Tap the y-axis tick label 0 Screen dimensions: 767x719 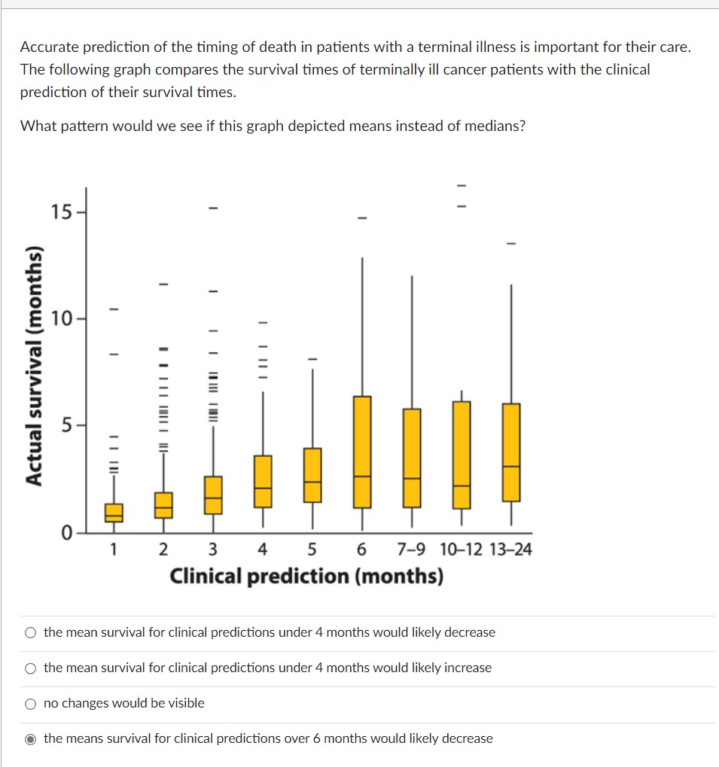coord(66,534)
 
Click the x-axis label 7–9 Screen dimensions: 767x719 coord(410,550)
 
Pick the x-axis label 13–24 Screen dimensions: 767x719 coord(510,550)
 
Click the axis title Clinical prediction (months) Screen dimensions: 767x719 coord(306,577)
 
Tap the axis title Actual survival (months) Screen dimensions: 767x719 coord(33,365)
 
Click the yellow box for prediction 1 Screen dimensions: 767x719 coord(114,513)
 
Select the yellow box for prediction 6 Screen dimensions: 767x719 coord(362,452)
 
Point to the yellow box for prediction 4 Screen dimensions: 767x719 coord(263,481)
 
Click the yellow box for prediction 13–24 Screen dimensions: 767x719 coord(511,452)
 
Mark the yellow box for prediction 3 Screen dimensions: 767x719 coord(213,495)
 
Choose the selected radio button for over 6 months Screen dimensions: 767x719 coord(30,739)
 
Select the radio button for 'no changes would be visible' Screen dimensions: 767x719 coord(30,704)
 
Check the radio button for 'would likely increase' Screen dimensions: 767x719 coord(30,668)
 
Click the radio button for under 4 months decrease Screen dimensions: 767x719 coord(30,633)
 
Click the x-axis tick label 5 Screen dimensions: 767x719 coord(312,550)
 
